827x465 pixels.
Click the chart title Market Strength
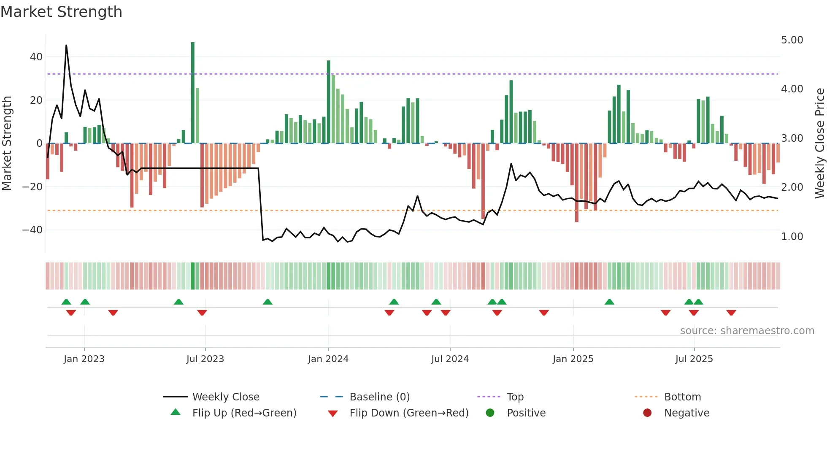[x=61, y=12]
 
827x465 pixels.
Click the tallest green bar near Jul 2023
[x=193, y=93]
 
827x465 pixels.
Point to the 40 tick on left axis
[x=36, y=57]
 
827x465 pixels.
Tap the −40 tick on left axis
[x=32, y=230]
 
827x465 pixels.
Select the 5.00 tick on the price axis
[x=792, y=40]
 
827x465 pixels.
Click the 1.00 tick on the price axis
[x=792, y=237]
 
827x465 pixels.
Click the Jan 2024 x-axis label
[x=328, y=359]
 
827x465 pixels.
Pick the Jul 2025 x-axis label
[x=694, y=359]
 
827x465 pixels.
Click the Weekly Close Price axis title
[x=819, y=143]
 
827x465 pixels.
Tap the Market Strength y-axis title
[x=7, y=143]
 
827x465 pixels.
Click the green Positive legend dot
[x=490, y=413]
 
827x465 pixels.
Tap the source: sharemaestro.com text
[x=747, y=331]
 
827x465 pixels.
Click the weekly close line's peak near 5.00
[x=66, y=46]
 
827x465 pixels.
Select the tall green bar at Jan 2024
[x=329, y=101]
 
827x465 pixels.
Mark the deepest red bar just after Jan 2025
[x=577, y=182]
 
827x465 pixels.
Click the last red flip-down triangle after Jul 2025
[x=731, y=313]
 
